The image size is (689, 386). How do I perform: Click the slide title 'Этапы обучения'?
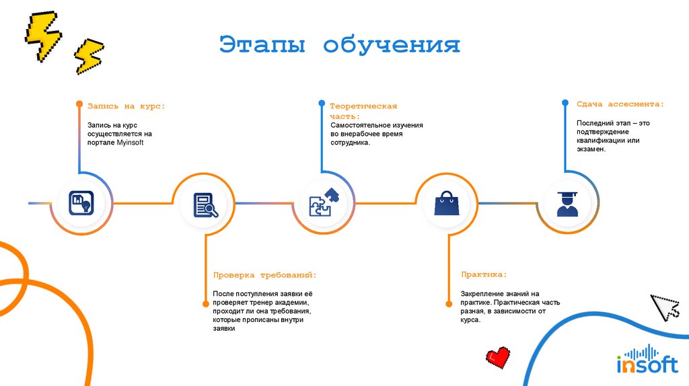(x=340, y=46)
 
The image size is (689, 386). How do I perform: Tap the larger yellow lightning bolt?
(x=42, y=35)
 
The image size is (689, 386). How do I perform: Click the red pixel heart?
(x=499, y=356)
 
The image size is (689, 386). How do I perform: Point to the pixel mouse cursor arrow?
(x=666, y=307)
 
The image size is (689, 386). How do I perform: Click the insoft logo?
(x=647, y=360)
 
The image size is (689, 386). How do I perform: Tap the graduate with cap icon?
(x=567, y=203)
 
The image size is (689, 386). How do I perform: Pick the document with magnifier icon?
(x=205, y=204)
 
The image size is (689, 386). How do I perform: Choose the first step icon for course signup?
(x=81, y=202)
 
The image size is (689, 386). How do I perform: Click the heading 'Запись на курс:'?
(x=126, y=106)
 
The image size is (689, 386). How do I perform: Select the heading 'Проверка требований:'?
(x=264, y=275)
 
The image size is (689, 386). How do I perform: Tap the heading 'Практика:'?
(x=484, y=274)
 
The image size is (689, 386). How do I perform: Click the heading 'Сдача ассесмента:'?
(x=620, y=104)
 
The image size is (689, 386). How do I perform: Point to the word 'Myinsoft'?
(x=130, y=143)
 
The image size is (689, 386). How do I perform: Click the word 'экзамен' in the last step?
(x=590, y=149)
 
